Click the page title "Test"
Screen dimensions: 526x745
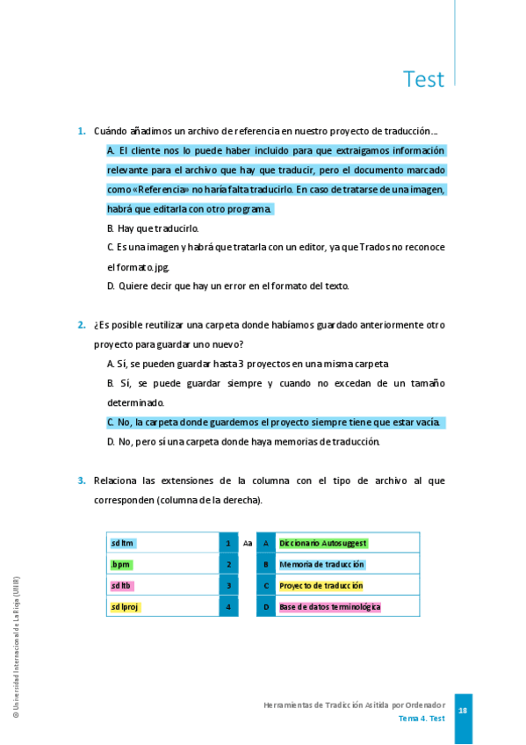pos(423,79)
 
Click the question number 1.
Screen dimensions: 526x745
pos(81,132)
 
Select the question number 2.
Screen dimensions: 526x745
pos(81,325)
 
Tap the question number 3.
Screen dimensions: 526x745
pos(81,481)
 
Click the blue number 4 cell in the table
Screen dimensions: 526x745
pos(228,606)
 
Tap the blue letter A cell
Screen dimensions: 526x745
pos(266,543)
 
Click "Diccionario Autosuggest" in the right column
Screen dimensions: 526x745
pos(322,543)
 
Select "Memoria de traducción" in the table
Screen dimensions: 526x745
pos(321,564)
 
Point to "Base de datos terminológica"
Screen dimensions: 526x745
pos(329,606)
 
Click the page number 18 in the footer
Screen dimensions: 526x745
pos(463,710)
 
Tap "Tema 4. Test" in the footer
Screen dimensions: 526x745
pos(422,719)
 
